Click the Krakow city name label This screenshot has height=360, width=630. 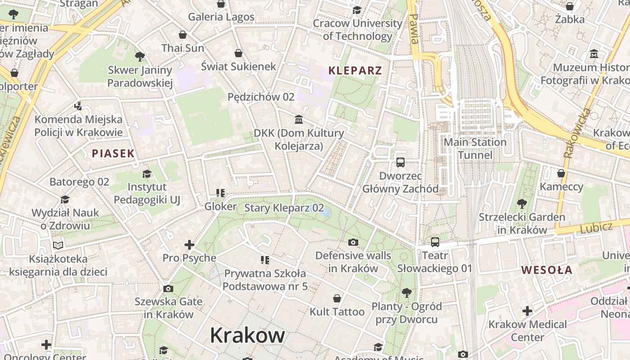(x=247, y=335)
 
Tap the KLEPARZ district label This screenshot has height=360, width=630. (x=355, y=70)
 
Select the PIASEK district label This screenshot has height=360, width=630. (x=113, y=153)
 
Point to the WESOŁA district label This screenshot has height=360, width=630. (x=547, y=270)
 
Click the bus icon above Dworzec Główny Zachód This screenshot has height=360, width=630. (x=400, y=162)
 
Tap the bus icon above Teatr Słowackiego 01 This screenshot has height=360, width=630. (x=435, y=242)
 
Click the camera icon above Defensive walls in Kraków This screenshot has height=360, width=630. (x=353, y=242)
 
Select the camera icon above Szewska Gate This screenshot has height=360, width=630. (x=168, y=288)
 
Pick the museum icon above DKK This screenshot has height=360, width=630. (x=299, y=119)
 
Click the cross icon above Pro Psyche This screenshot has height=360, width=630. (x=189, y=245)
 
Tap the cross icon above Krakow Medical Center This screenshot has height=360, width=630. (x=527, y=311)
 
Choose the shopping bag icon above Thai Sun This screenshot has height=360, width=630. (x=183, y=35)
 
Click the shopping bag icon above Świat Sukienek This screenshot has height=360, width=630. (x=238, y=53)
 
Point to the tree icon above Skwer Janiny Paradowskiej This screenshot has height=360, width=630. (x=140, y=57)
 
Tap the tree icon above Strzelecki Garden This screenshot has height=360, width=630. (x=522, y=203)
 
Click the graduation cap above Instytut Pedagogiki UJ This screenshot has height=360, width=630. (x=147, y=174)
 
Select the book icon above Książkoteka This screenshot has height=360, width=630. (x=58, y=245)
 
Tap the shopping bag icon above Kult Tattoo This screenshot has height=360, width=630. (x=337, y=298)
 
